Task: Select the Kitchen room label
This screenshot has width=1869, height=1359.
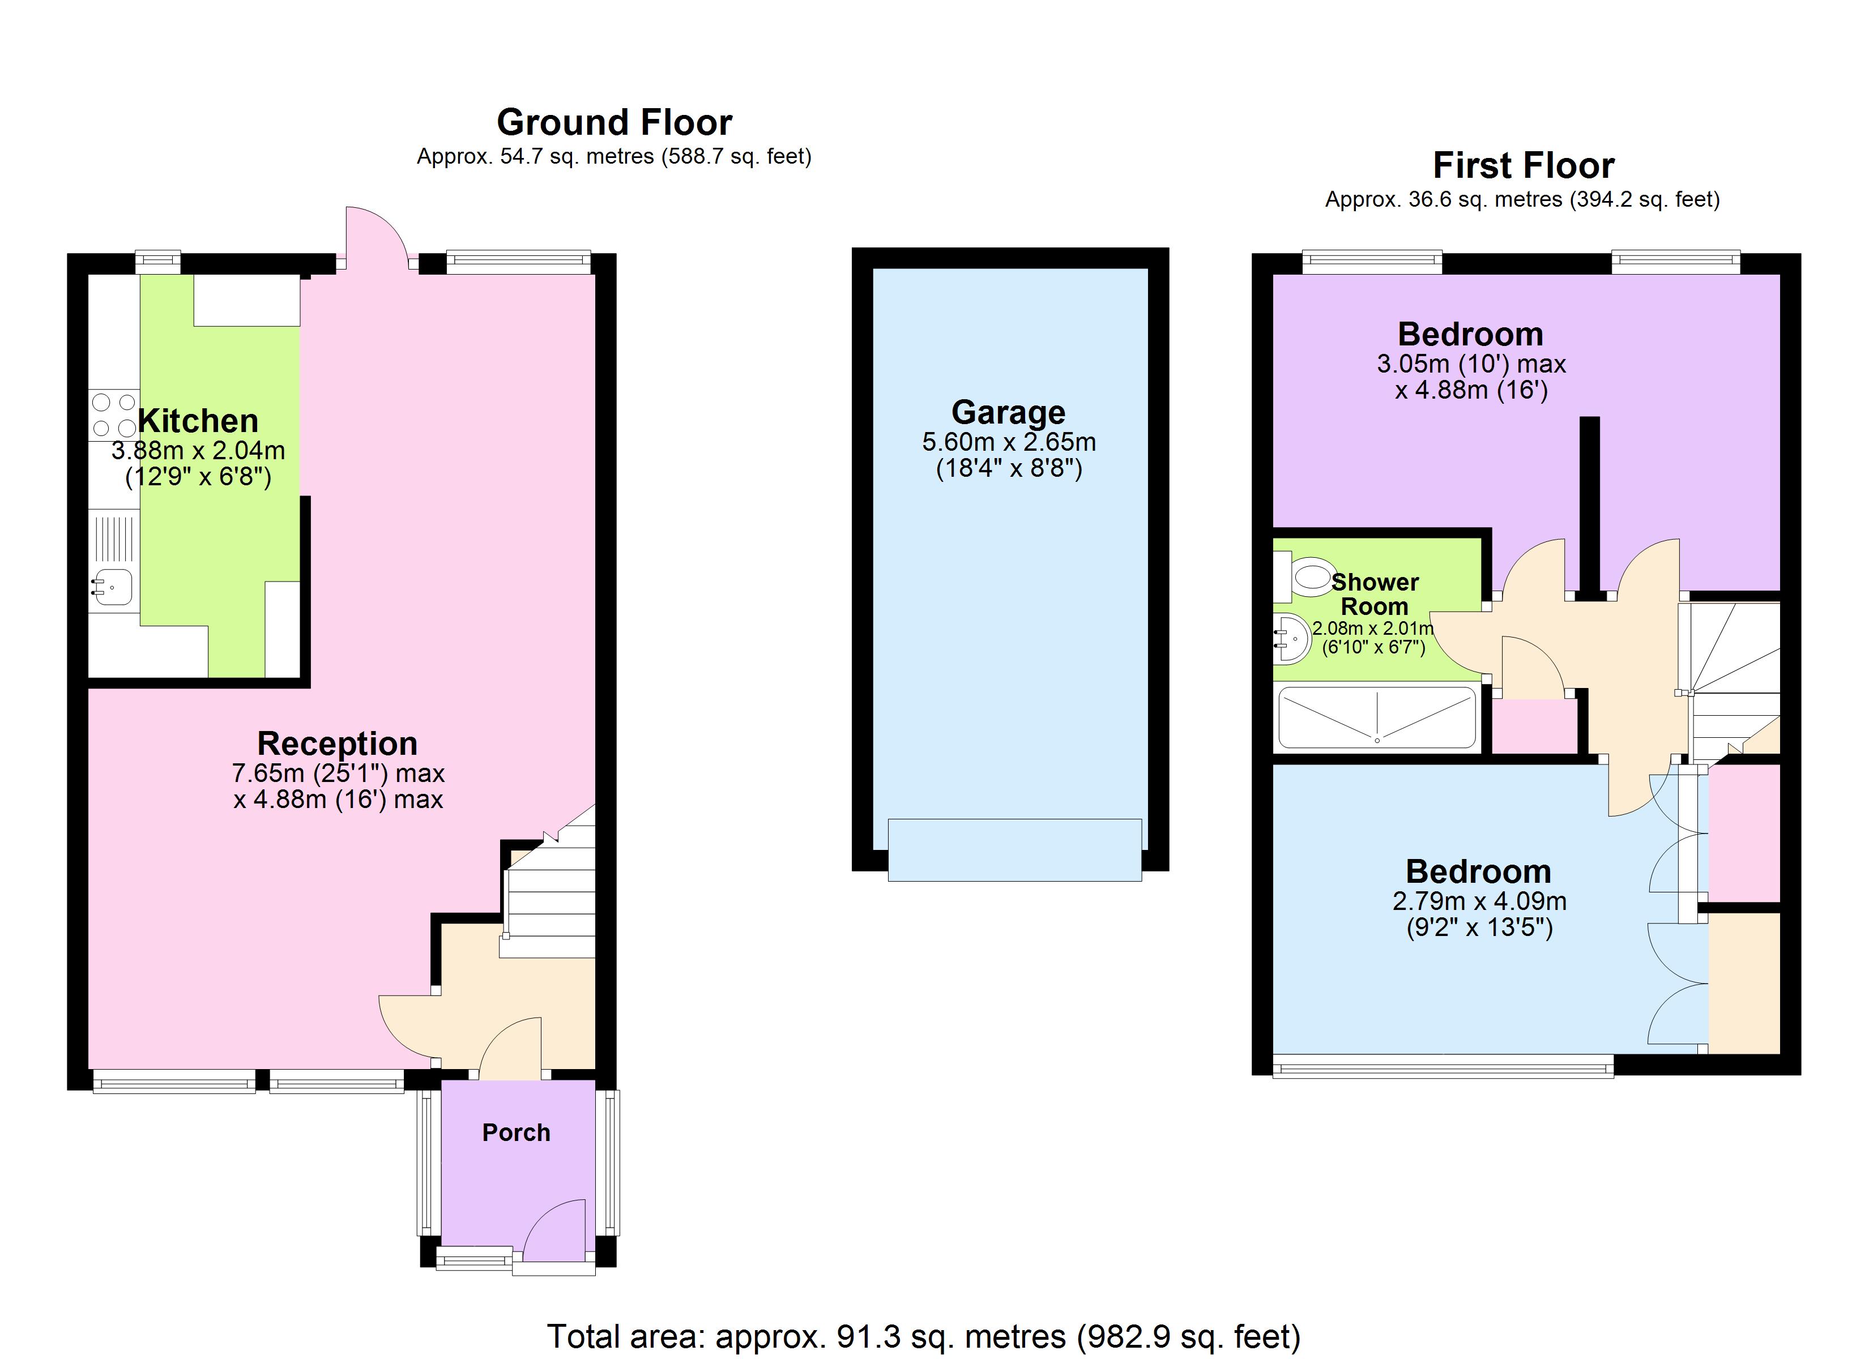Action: pos(198,421)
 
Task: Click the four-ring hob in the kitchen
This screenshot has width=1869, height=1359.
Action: pos(114,416)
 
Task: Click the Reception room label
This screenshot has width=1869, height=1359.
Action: pos(337,743)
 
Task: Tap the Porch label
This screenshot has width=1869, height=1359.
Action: pos(516,1132)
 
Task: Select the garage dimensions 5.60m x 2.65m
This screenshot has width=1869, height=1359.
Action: pos(1009,443)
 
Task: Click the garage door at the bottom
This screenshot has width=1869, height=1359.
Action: pos(1014,850)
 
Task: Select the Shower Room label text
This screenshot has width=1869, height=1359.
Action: pos(1375,594)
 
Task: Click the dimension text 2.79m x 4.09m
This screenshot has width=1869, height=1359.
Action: pos(1479,901)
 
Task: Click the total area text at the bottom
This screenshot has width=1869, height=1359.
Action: pos(923,1336)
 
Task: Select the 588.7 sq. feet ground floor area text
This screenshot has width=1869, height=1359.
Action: pos(736,157)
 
